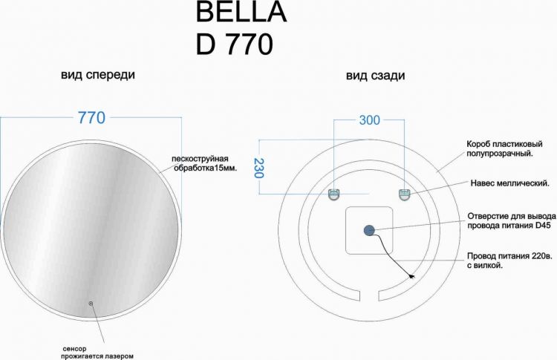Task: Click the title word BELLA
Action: [240, 13]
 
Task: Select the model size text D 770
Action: [234, 45]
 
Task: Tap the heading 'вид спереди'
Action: [98, 76]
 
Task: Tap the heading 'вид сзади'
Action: [375, 76]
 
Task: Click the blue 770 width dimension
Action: [91, 118]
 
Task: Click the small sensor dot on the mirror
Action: [91, 303]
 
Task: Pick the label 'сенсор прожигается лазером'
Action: [98, 351]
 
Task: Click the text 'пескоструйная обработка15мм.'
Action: [203, 163]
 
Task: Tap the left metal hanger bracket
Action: [334, 194]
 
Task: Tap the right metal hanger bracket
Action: [405, 194]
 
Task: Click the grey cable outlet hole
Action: [369, 231]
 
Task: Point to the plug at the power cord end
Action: [411, 277]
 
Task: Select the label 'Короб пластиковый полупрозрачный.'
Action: [499, 148]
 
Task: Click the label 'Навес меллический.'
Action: [509, 183]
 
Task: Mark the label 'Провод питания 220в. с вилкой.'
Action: [509, 260]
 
